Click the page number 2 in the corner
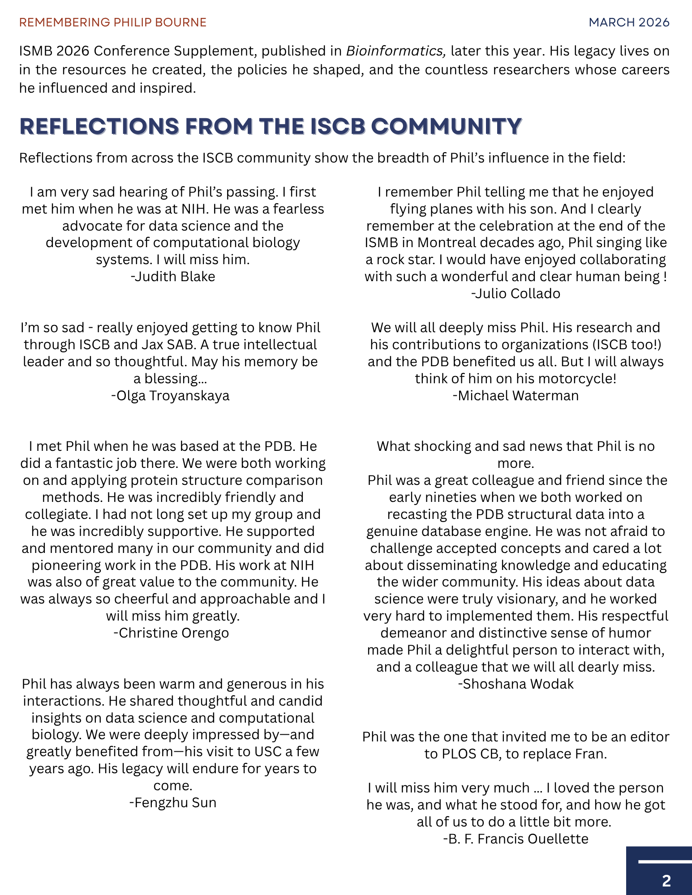[x=666, y=881]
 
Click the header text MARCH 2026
[x=629, y=22]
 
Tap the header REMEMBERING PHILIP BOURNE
[x=113, y=22]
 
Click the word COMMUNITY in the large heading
[x=447, y=126]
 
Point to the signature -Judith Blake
[x=173, y=277]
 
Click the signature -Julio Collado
[x=516, y=294]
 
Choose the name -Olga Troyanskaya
[x=170, y=396]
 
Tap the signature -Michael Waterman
[x=516, y=396]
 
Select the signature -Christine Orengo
[x=171, y=633]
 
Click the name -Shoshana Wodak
[x=516, y=684]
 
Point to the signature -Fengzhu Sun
[x=173, y=803]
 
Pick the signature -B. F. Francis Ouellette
[x=516, y=839]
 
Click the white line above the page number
[x=665, y=861]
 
